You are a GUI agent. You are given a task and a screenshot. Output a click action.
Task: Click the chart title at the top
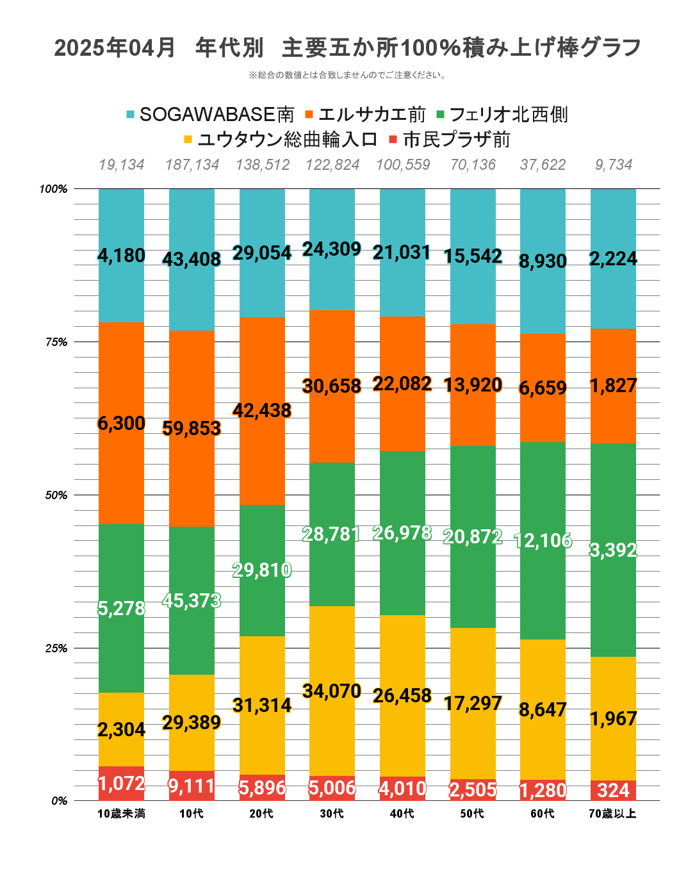(x=347, y=48)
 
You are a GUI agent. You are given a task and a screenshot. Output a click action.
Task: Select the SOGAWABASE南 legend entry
(x=210, y=115)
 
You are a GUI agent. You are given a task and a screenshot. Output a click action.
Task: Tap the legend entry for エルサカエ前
(x=365, y=115)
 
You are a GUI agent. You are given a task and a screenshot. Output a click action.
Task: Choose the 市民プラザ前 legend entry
(x=450, y=140)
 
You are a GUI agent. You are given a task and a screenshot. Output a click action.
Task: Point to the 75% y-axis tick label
(x=56, y=342)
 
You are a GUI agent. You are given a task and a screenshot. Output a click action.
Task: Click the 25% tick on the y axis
(x=56, y=648)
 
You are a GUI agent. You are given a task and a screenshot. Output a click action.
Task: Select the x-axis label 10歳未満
(x=121, y=814)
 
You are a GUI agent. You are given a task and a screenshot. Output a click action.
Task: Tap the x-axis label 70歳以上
(x=612, y=814)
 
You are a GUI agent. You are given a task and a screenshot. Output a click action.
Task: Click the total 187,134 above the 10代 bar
(x=192, y=165)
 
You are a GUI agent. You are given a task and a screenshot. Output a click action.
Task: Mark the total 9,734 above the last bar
(x=613, y=165)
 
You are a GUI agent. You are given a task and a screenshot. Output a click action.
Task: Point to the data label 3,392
(x=613, y=550)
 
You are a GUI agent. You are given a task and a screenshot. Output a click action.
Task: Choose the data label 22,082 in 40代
(x=402, y=384)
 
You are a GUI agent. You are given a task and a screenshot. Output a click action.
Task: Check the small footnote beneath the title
(x=347, y=76)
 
